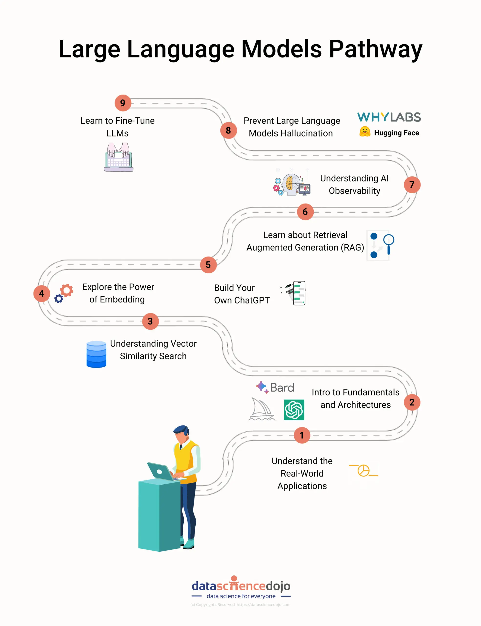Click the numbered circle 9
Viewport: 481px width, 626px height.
[123, 103]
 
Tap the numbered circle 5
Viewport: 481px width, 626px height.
[208, 265]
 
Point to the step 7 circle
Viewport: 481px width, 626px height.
[412, 185]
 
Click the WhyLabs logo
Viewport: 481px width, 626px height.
[389, 117]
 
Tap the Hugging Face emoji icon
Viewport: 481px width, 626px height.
[365, 132]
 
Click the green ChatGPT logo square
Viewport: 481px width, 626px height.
[294, 410]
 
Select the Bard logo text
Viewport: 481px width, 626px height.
[282, 388]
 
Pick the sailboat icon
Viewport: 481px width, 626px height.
[261, 409]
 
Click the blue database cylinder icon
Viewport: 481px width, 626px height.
[96, 354]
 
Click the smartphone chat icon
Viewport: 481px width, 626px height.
[299, 293]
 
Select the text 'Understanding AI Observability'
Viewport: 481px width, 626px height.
[354, 184]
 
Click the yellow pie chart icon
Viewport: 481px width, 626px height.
[363, 470]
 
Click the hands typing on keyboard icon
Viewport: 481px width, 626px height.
[118, 157]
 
